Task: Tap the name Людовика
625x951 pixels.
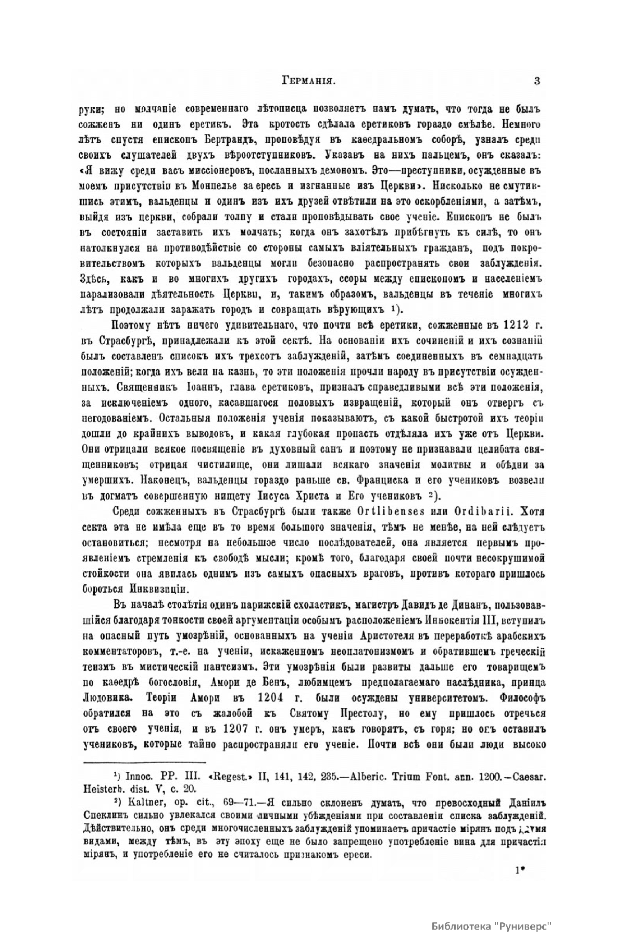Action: pos(110,697)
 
